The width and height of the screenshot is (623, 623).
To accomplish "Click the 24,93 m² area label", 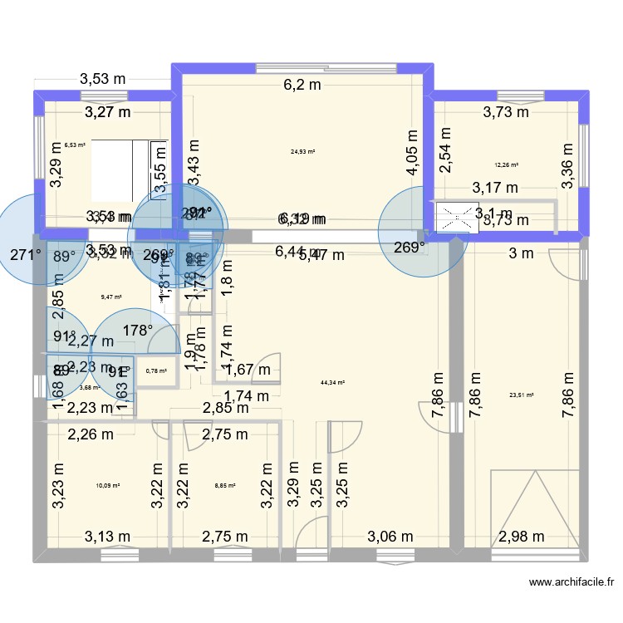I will [302, 152].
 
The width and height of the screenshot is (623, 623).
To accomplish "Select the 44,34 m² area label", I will [332, 383].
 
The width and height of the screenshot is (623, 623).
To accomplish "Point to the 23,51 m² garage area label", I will [521, 395].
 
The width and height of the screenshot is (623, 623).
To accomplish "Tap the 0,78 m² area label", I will [156, 371].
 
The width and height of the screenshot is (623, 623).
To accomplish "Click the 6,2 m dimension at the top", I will [302, 84].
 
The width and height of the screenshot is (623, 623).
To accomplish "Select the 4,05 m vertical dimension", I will [412, 151].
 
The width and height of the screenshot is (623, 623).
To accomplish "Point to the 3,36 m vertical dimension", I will [567, 166].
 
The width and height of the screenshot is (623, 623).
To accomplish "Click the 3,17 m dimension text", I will [495, 188].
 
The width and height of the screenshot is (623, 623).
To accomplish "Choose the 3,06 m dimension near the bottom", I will [390, 536].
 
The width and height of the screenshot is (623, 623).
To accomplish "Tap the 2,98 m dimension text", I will [523, 536].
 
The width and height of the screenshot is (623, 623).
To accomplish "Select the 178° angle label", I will [138, 331].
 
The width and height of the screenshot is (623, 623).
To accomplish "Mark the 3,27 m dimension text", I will [107, 111].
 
